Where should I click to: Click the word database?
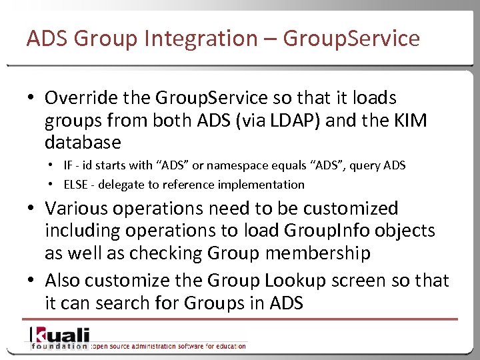(83, 143)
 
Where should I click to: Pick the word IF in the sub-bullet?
(69, 165)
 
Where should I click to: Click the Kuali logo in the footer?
(59, 335)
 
